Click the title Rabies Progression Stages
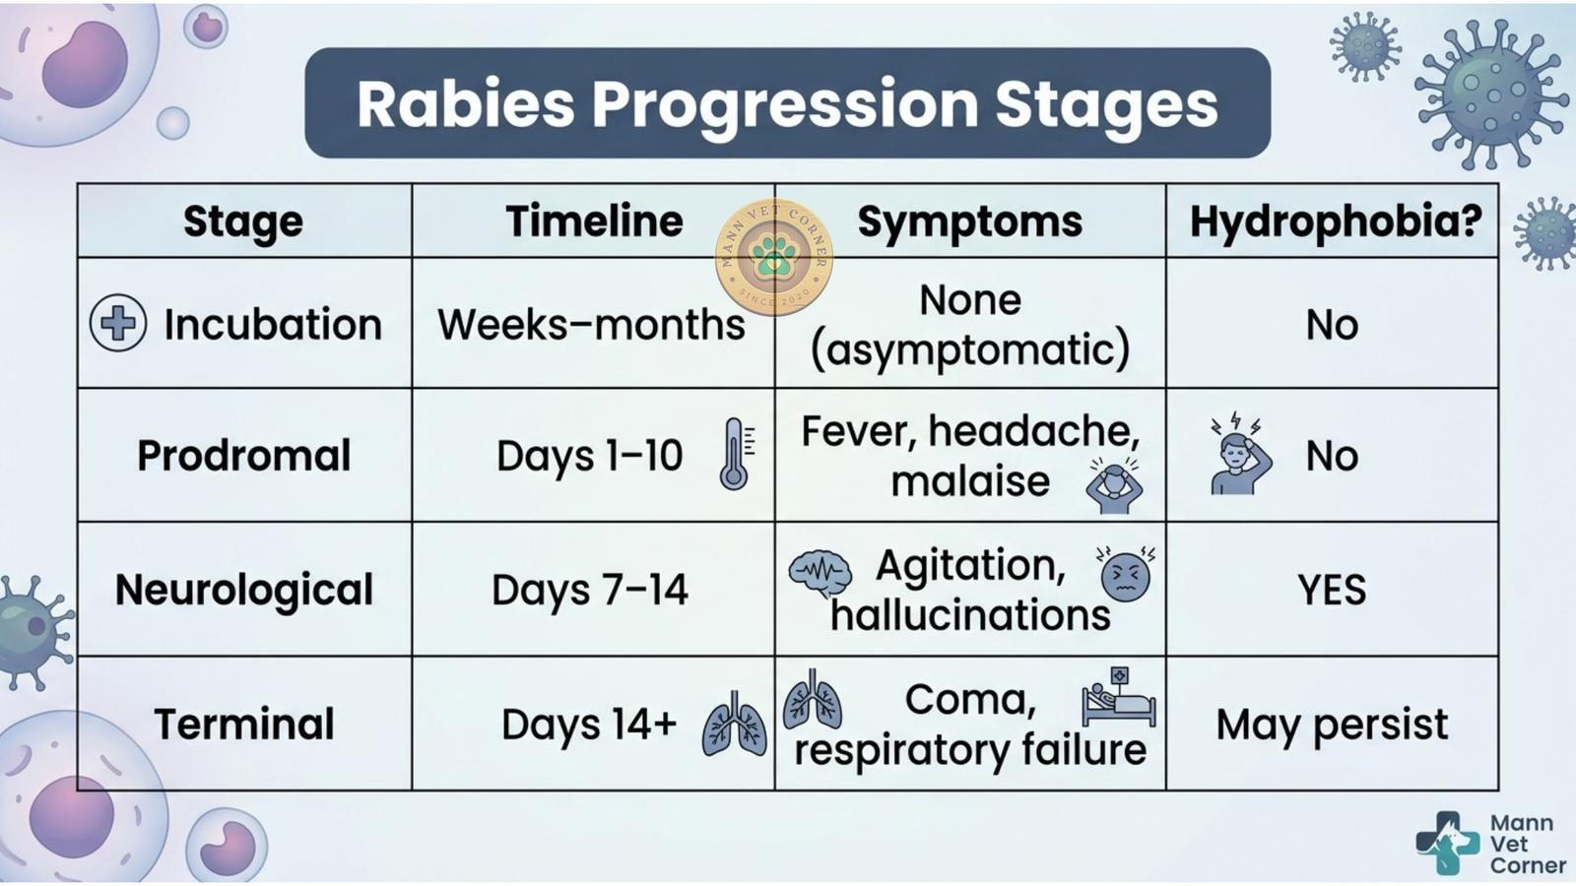[x=787, y=104]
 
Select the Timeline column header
[x=595, y=221]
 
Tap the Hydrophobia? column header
[x=1336, y=222]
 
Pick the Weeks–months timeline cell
[x=591, y=325]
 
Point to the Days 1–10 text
[x=590, y=456]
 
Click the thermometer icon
[x=736, y=454]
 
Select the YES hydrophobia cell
[x=1332, y=590]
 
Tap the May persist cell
[x=1332, y=725]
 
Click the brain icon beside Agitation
[x=820, y=572]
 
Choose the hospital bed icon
[x=1119, y=697]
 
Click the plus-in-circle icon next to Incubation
[x=118, y=323]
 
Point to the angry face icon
[x=1125, y=575]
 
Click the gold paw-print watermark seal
[x=774, y=257]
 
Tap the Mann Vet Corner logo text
[x=1521, y=844]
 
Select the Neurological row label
[x=243, y=590]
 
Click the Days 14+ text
[x=590, y=725]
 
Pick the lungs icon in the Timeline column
[x=735, y=725]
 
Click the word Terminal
[x=243, y=725]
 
